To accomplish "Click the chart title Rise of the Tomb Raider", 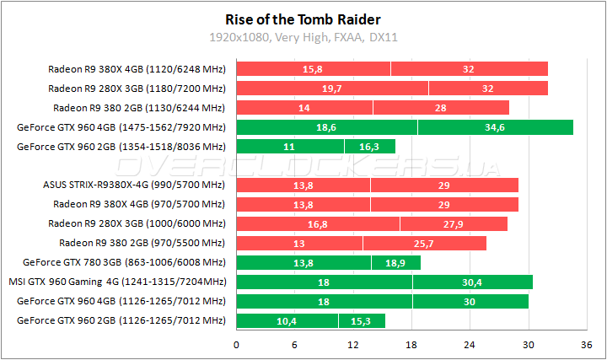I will tap(303, 19).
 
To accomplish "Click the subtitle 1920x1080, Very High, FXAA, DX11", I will tap(303, 37).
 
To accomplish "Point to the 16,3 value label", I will tap(369, 147).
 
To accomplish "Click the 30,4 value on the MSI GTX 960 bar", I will tap(472, 282).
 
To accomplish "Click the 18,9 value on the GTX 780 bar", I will tap(395, 262).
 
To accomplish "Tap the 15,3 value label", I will tap(361, 320).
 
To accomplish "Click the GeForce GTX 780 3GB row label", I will tap(125, 262).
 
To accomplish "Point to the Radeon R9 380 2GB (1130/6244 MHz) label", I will tap(139, 107).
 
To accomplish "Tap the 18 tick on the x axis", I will tap(411, 344).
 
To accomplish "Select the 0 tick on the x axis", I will tap(237, 344).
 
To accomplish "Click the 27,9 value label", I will tap(454, 223).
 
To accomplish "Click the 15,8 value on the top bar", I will tap(314, 68).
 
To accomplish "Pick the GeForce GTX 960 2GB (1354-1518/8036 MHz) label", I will tap(121, 147).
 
